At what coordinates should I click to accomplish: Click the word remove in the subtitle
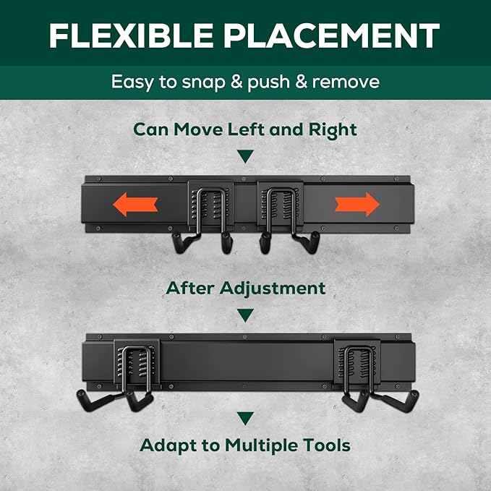point(344,82)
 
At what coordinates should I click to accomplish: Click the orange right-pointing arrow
point(357,205)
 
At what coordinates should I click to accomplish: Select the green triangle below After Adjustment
point(246,315)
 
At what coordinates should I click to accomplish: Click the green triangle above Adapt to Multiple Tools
point(246,418)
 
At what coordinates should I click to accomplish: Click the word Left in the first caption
point(255,130)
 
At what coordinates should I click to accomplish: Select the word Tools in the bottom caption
point(329,445)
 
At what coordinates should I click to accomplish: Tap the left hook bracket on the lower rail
point(136,369)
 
